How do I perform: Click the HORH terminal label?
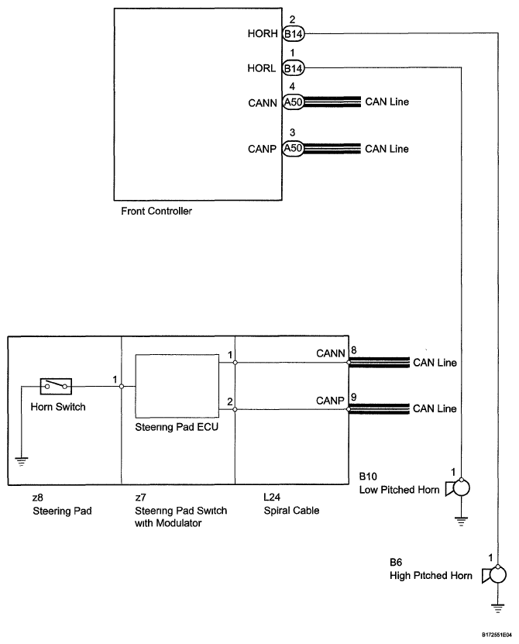pos(263,33)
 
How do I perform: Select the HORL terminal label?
pos(262,67)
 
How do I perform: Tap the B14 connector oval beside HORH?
pos(294,33)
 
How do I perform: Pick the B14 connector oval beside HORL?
pos(294,68)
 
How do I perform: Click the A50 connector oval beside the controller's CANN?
pos(294,102)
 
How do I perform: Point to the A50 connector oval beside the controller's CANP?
pos(294,148)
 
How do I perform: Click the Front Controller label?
pos(156,211)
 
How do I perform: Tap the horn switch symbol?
pos(56,386)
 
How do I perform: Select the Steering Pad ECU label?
pos(177,427)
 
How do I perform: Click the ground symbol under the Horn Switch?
pos(22,461)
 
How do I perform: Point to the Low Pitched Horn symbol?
pos(458,488)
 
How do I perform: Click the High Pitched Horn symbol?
pos(494,574)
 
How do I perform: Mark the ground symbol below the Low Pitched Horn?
pos(462,522)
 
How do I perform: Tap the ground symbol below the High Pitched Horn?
pos(498,608)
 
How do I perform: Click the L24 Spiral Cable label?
pos(291,504)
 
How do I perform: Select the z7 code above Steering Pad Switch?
pos(140,498)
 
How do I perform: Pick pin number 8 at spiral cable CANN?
pos(354,350)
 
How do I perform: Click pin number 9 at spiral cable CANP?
pos(354,397)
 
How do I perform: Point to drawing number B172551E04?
pos(497,635)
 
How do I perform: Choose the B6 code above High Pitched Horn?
pos(396,563)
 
